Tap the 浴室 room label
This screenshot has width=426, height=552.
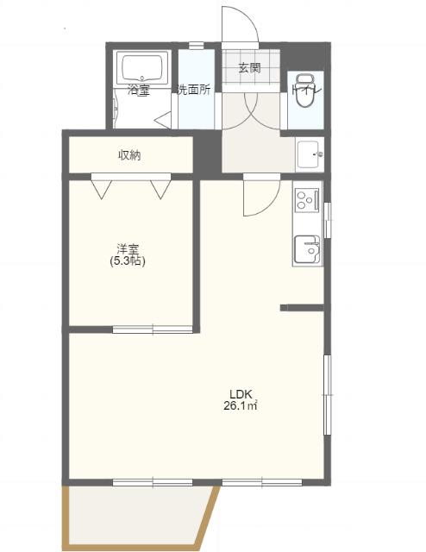point(138,90)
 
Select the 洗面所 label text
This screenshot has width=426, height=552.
point(194,90)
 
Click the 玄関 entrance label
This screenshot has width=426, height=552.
point(249,68)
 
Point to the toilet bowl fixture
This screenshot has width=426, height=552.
point(303,91)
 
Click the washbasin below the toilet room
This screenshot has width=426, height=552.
point(309,154)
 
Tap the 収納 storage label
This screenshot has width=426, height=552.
point(129,155)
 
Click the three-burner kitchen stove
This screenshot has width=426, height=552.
point(307,200)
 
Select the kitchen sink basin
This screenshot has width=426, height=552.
point(307,249)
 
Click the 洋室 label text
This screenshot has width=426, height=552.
point(128,249)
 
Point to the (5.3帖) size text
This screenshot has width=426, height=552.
point(128,261)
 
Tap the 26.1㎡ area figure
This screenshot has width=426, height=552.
point(241,406)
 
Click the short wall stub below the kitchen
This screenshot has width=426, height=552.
point(302,308)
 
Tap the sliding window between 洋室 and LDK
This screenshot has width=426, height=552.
point(153,329)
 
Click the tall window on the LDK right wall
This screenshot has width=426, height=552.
point(328,395)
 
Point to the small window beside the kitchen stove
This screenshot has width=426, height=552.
point(328,220)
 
